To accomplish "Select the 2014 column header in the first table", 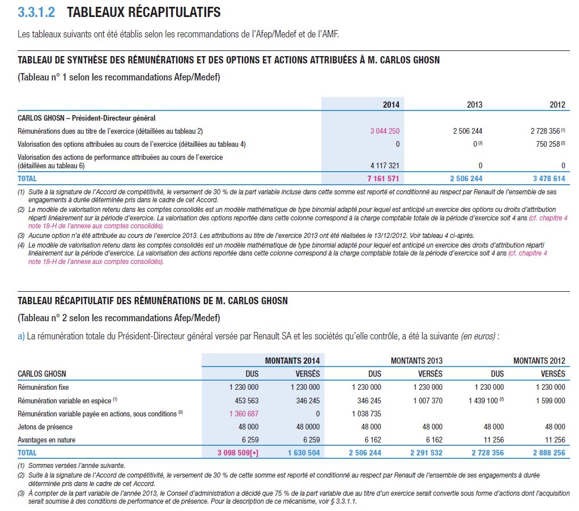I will [391, 104].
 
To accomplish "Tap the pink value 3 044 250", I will [385, 131].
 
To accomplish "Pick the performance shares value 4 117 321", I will [385, 165].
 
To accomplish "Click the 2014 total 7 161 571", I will [384, 178].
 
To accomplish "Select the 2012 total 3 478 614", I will [549, 178].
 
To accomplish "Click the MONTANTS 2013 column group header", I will [416, 360].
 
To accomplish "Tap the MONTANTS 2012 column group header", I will [539, 360].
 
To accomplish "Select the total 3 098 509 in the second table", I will [237, 453].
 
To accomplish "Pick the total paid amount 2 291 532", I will [426, 453].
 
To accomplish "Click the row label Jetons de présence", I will [44, 427].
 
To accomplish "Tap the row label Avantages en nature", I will [46, 440].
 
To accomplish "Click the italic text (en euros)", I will [479, 336].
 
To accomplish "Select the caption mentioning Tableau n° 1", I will [119, 77].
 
